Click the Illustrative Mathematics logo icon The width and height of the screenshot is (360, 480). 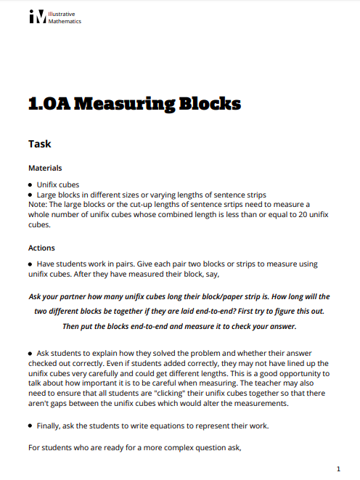click(37, 17)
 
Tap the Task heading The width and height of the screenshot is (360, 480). click(39, 144)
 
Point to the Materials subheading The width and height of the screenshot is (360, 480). click(45, 168)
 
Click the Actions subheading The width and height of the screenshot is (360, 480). click(41, 248)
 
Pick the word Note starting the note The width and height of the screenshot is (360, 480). click(37, 205)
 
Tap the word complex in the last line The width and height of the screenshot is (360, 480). click(181, 447)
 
